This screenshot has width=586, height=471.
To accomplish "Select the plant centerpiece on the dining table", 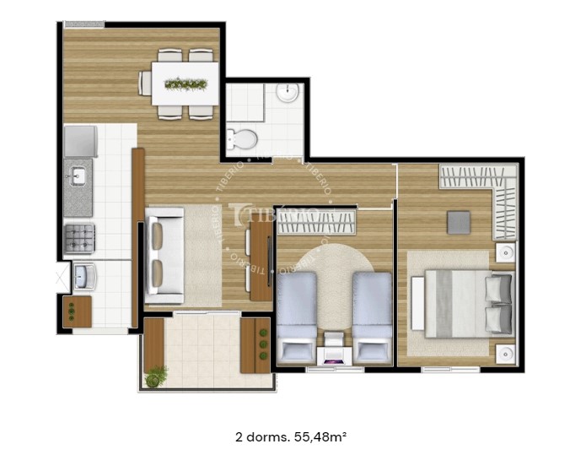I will (x=185, y=84).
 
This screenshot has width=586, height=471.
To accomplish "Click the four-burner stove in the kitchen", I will (x=80, y=237).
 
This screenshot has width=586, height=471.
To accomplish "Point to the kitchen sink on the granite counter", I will (x=78, y=176).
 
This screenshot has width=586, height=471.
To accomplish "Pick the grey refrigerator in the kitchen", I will (x=81, y=141).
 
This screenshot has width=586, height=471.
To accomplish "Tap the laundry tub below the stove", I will (x=84, y=275).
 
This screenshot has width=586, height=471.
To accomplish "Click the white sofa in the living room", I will (x=164, y=255).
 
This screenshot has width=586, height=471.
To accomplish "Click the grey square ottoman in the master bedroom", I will (x=459, y=221).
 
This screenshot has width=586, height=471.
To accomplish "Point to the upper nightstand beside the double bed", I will (x=505, y=252).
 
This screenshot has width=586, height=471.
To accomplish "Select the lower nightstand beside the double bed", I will (x=506, y=353).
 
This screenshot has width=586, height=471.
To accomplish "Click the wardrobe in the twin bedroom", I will (x=317, y=221).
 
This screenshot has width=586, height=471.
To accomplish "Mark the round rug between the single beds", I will (x=335, y=279).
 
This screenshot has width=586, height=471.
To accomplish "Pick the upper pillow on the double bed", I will (x=498, y=288).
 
